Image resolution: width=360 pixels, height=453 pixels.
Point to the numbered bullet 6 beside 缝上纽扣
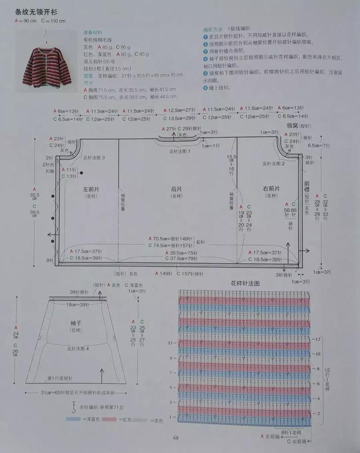205,88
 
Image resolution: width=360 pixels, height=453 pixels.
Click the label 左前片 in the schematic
91,189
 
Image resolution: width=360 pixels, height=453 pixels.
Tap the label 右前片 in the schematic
271,189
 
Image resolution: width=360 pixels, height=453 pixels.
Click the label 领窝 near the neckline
292,126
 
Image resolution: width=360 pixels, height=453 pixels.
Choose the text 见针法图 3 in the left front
94,158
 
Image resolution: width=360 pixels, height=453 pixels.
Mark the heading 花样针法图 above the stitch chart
245,283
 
